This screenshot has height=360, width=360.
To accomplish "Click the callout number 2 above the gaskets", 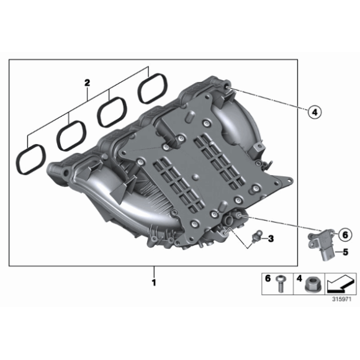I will tap(88, 82).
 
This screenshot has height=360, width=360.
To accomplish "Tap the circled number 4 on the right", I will tap(314, 112).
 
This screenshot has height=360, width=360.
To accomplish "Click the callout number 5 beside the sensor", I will tap(346, 252).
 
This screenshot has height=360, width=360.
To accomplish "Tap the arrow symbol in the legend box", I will tap(337, 284).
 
